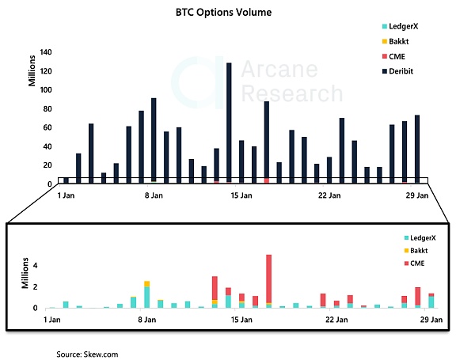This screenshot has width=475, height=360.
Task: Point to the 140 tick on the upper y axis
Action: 45,52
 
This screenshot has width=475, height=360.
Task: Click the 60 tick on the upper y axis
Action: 47,127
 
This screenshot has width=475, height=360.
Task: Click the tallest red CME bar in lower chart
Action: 269,278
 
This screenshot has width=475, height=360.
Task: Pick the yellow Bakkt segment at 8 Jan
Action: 147,284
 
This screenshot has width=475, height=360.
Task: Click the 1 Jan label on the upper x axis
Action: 67,195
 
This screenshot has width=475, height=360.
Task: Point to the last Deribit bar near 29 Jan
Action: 417,146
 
